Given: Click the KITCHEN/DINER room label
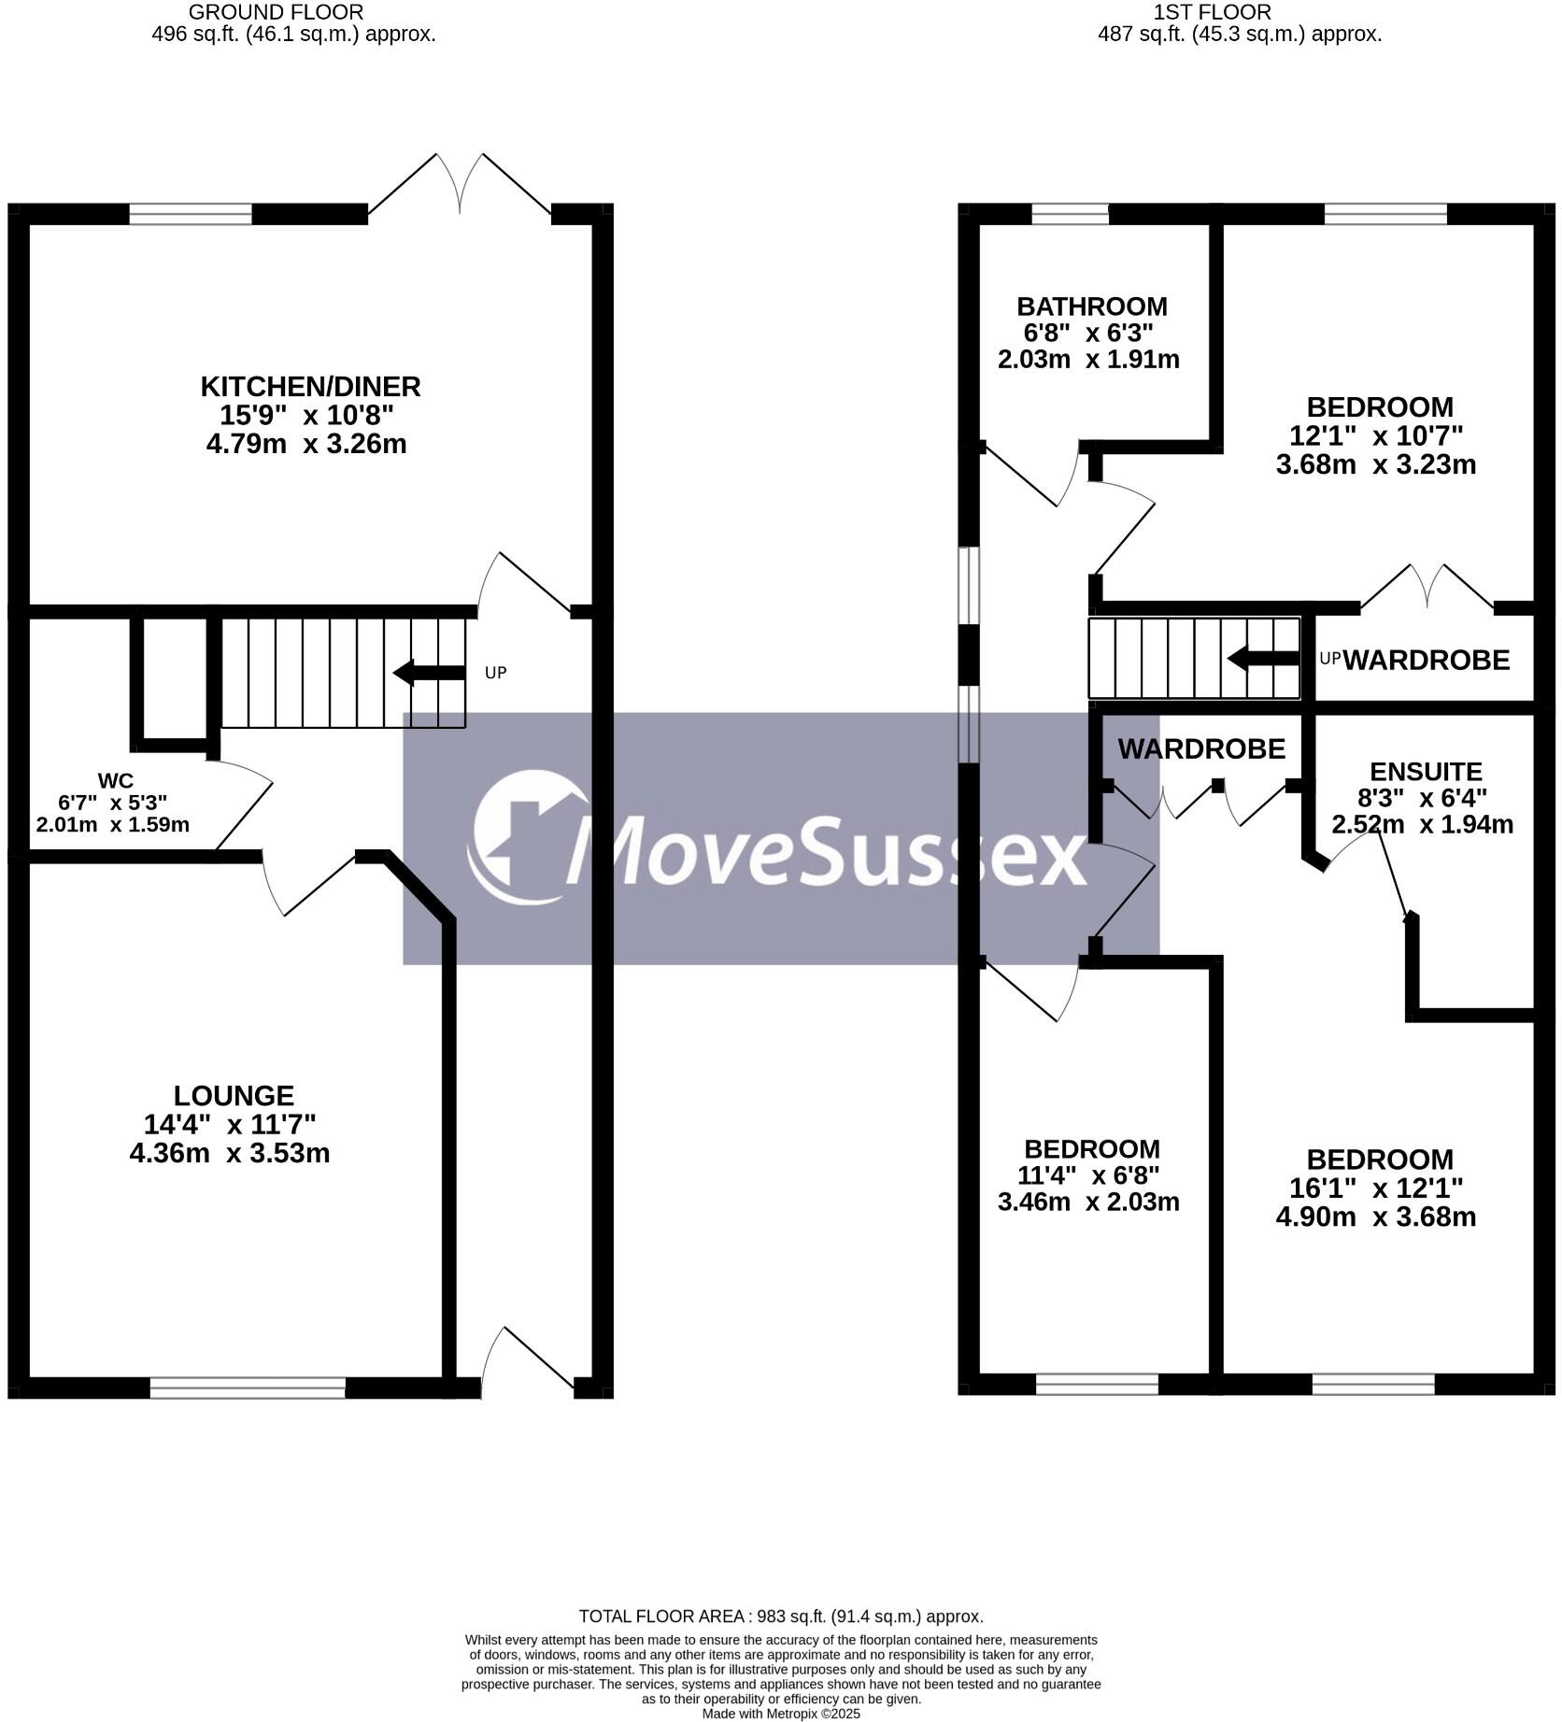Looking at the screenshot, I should pyautogui.click(x=310, y=386).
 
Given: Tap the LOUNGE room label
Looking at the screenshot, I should pyautogui.click(x=234, y=1095).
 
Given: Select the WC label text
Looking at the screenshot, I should pyautogui.click(x=115, y=781).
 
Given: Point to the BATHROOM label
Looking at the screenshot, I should pyautogui.click(x=1091, y=306).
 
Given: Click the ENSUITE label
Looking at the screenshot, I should pyautogui.click(x=1426, y=772).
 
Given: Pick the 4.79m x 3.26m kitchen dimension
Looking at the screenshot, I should pyautogui.click(x=306, y=444).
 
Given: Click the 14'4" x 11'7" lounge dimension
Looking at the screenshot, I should pyautogui.click(x=230, y=1124).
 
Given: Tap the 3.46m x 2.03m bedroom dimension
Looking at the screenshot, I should pyautogui.click(x=1088, y=1203).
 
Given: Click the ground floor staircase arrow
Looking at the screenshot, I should pyautogui.click(x=429, y=672).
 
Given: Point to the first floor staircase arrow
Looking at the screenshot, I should pyautogui.click(x=1262, y=659).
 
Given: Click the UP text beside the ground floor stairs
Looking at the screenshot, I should pyautogui.click(x=496, y=673).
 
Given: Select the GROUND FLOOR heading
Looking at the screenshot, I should pyautogui.click(x=276, y=12).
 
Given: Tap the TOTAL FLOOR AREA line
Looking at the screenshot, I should pyautogui.click(x=781, y=1616).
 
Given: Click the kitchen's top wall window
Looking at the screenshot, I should pyautogui.click(x=191, y=215).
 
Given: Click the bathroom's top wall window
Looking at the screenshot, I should pyautogui.click(x=1070, y=215).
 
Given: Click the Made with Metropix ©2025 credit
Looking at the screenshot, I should pyautogui.click(x=781, y=1715).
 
